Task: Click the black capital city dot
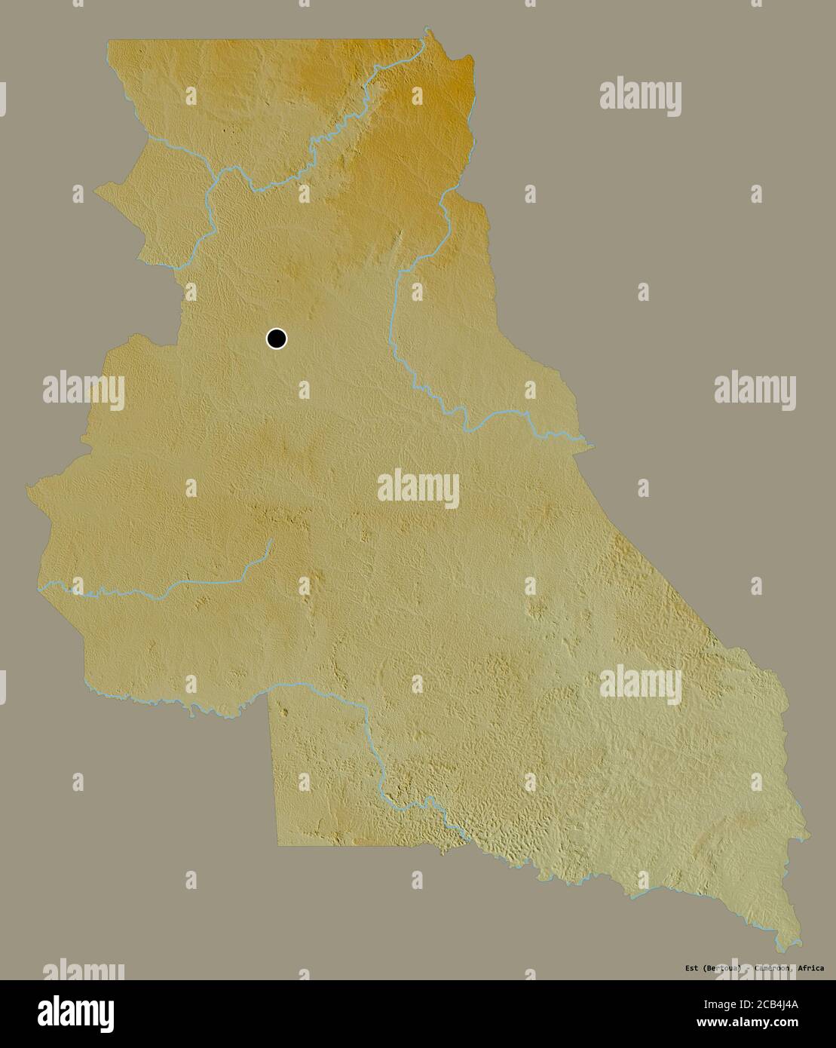(x=277, y=339)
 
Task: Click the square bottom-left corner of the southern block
(x=278, y=845)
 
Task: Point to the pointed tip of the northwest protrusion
(x=95, y=192)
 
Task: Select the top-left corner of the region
(x=108, y=41)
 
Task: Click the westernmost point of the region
(x=27, y=489)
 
